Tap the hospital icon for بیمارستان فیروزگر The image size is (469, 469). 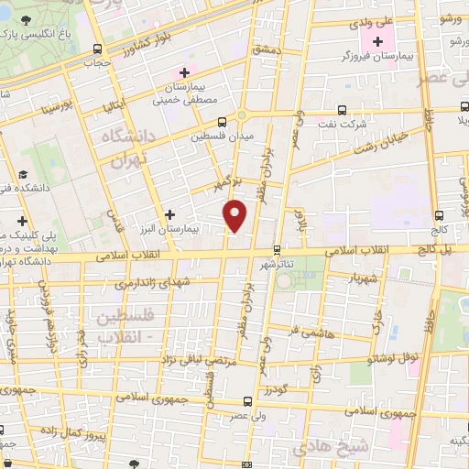point(376,42)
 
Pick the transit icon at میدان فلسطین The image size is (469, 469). point(222,121)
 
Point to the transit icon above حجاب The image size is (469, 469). point(98,49)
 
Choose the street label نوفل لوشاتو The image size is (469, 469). point(391,356)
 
